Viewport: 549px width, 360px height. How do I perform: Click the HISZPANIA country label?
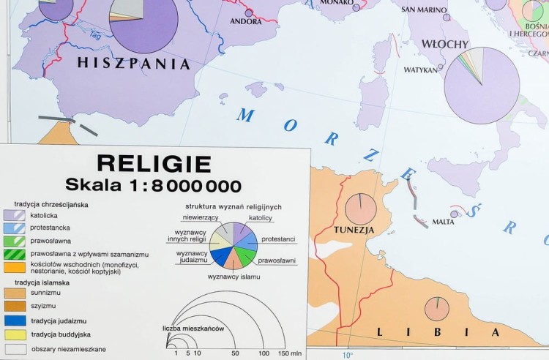(x=133, y=64)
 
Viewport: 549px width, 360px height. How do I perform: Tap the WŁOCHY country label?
(x=444, y=45)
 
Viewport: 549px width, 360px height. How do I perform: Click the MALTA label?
(x=443, y=222)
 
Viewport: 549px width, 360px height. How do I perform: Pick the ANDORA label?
(x=246, y=22)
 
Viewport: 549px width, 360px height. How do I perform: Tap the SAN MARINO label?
(x=424, y=10)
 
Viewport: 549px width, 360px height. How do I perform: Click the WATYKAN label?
(x=420, y=70)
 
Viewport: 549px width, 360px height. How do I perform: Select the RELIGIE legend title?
(x=154, y=164)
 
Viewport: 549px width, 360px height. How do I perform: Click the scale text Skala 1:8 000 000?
(x=153, y=185)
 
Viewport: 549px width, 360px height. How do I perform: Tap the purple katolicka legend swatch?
(x=15, y=216)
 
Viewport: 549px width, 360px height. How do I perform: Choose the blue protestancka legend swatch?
(x=15, y=228)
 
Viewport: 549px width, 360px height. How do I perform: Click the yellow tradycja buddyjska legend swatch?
(x=15, y=334)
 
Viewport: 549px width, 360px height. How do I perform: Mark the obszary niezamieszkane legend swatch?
(x=15, y=349)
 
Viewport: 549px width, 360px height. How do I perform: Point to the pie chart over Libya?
(x=437, y=309)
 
